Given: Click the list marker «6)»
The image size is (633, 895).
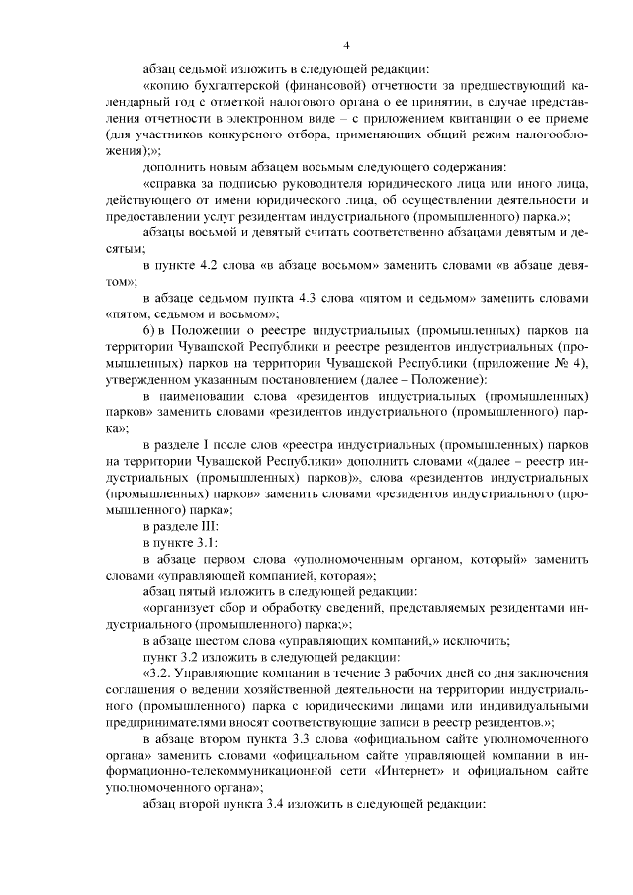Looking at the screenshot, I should [x=151, y=327].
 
